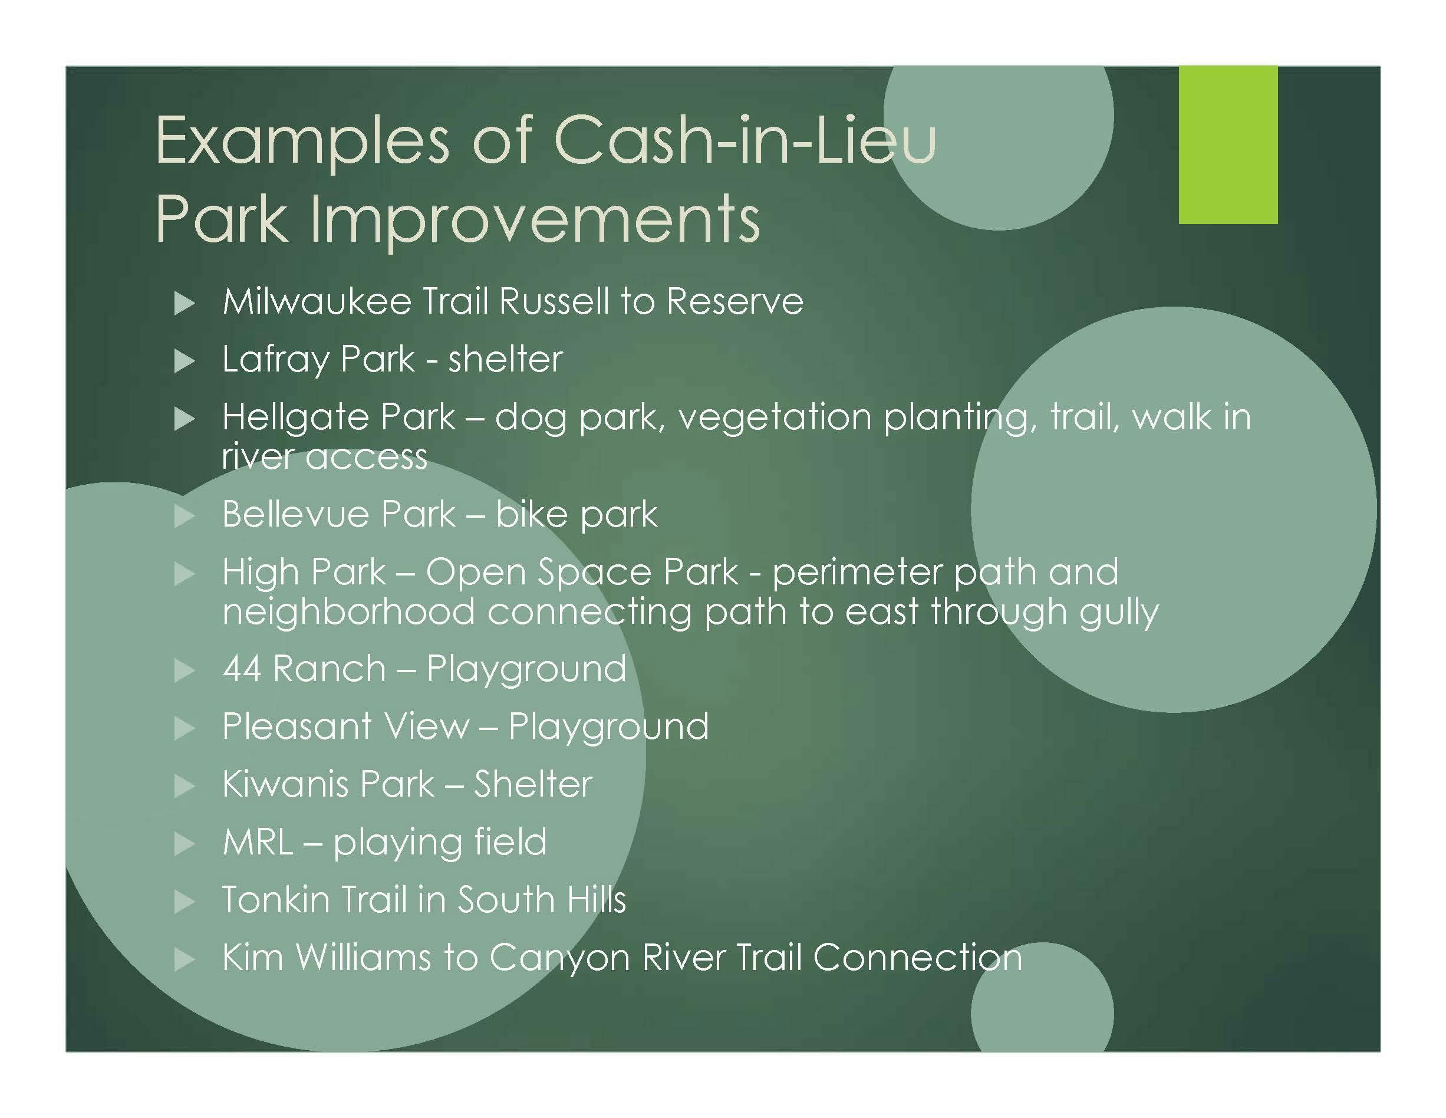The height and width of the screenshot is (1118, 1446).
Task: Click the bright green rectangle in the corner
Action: pos(1227,144)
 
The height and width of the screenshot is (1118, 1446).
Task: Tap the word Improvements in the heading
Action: pos(535,219)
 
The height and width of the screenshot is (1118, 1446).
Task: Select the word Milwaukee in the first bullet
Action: pos(317,301)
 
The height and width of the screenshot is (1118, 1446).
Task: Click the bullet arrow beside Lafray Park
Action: pos(184,361)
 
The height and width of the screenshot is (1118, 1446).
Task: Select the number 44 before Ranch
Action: pos(242,669)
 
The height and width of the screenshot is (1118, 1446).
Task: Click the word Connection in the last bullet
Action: pos(917,958)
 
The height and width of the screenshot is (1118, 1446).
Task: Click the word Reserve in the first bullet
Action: pos(735,301)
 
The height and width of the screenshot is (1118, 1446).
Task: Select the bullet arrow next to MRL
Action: pos(184,844)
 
